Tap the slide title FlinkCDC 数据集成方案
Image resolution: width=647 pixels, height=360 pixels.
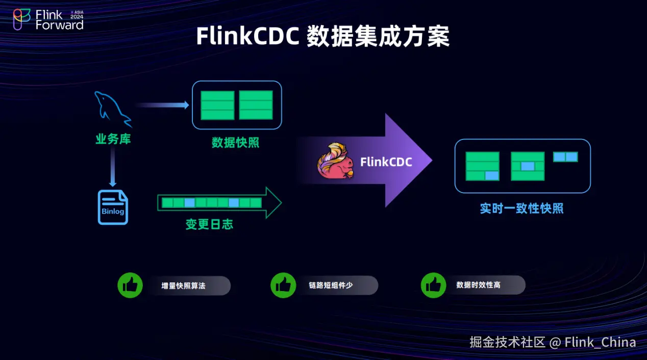click(x=322, y=37)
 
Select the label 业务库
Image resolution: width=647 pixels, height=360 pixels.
click(x=113, y=139)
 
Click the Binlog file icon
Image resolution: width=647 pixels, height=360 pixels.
click(x=113, y=207)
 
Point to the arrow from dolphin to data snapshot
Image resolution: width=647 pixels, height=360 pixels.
click(x=162, y=105)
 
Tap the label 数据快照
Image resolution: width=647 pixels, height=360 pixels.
click(x=236, y=142)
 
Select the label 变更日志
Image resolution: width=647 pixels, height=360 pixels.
click(x=209, y=224)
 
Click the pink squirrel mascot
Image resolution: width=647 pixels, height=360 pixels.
click(x=335, y=161)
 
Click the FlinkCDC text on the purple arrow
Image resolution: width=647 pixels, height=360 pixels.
click(x=386, y=162)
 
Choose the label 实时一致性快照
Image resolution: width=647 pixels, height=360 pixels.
click(x=521, y=208)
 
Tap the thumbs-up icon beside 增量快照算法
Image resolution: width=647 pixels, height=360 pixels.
click(x=130, y=285)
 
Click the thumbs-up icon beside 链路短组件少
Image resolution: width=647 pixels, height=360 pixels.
click(x=283, y=285)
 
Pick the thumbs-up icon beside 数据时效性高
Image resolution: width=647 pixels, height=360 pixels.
click(x=433, y=285)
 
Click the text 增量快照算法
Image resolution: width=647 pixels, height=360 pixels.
click(x=183, y=286)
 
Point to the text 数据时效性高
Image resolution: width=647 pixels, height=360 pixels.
click(x=478, y=285)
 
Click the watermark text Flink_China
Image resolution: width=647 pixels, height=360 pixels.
click(x=600, y=342)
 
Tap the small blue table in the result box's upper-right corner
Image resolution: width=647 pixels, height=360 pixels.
click(x=565, y=157)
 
